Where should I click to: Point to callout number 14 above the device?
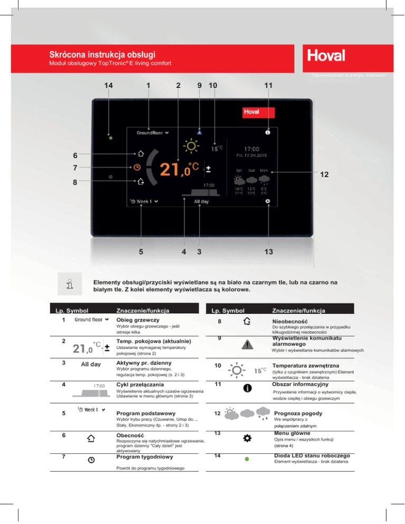coord(109,85)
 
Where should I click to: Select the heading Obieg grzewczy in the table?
coord(134,319)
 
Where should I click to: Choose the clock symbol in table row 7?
coord(91,460)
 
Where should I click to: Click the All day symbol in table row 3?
coord(91,364)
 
